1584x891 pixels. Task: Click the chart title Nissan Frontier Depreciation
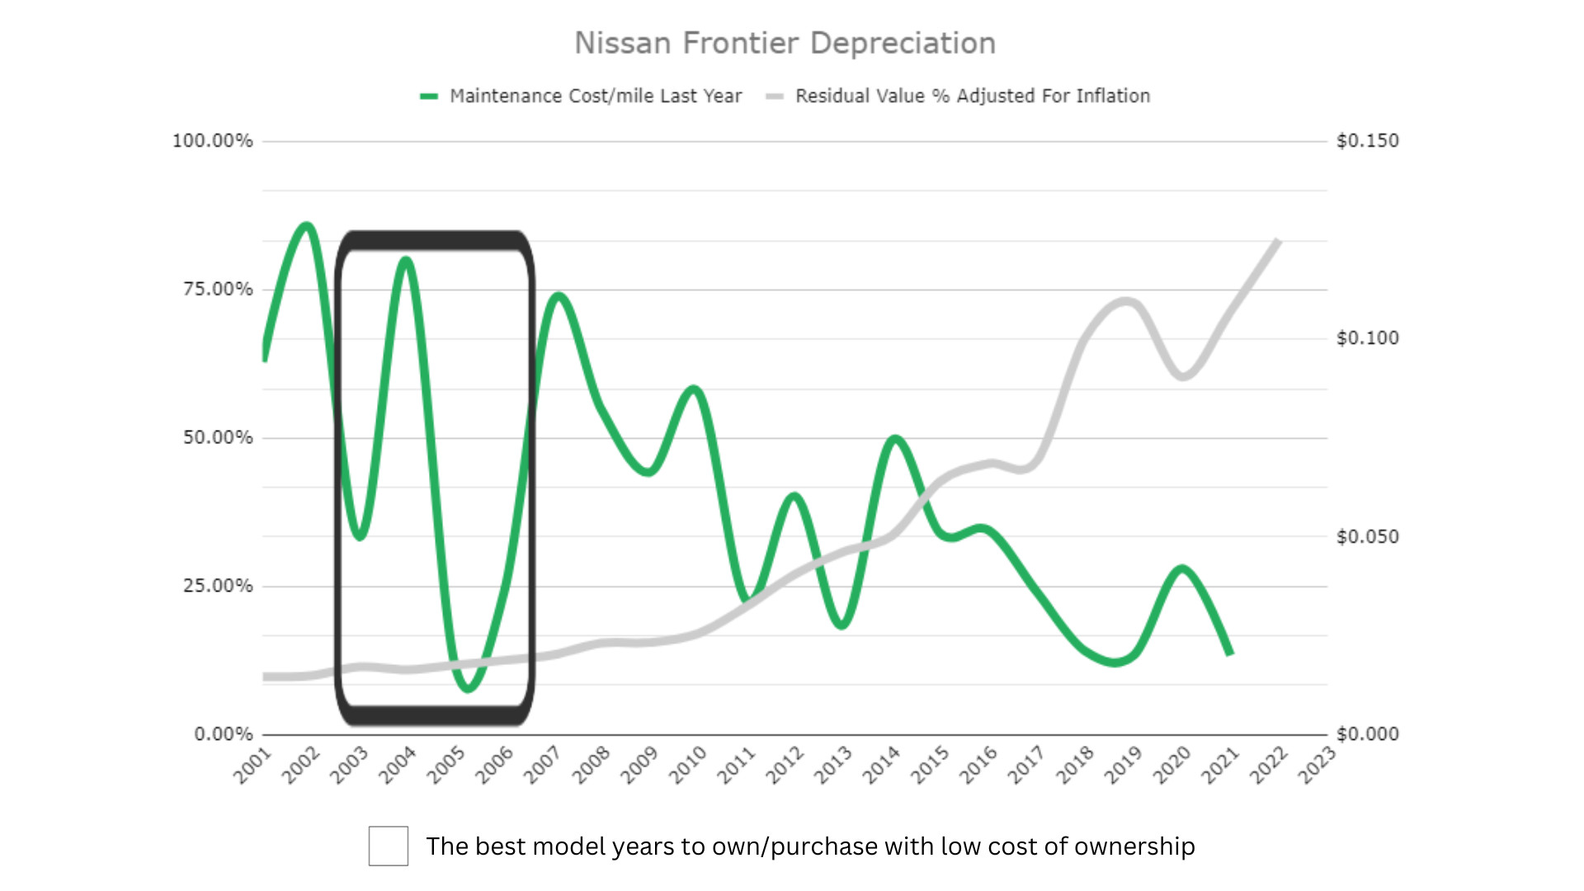(785, 43)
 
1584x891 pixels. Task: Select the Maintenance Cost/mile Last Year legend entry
(594, 96)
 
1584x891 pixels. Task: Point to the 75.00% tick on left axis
(218, 289)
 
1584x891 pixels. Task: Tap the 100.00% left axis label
(212, 140)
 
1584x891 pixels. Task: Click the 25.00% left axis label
(218, 586)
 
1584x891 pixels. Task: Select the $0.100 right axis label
(1367, 338)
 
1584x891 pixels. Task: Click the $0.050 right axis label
(1367, 536)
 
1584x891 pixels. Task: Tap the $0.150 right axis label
(1367, 140)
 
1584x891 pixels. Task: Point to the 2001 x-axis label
(252, 765)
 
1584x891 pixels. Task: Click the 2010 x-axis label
(687, 765)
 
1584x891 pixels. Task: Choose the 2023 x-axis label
(1317, 765)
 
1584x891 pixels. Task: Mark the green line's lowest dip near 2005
(468, 688)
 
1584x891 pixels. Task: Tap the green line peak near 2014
(895, 438)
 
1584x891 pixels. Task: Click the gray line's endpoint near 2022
(1278, 240)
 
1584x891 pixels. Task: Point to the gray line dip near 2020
(1184, 376)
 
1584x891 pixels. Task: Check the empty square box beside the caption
(388, 846)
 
